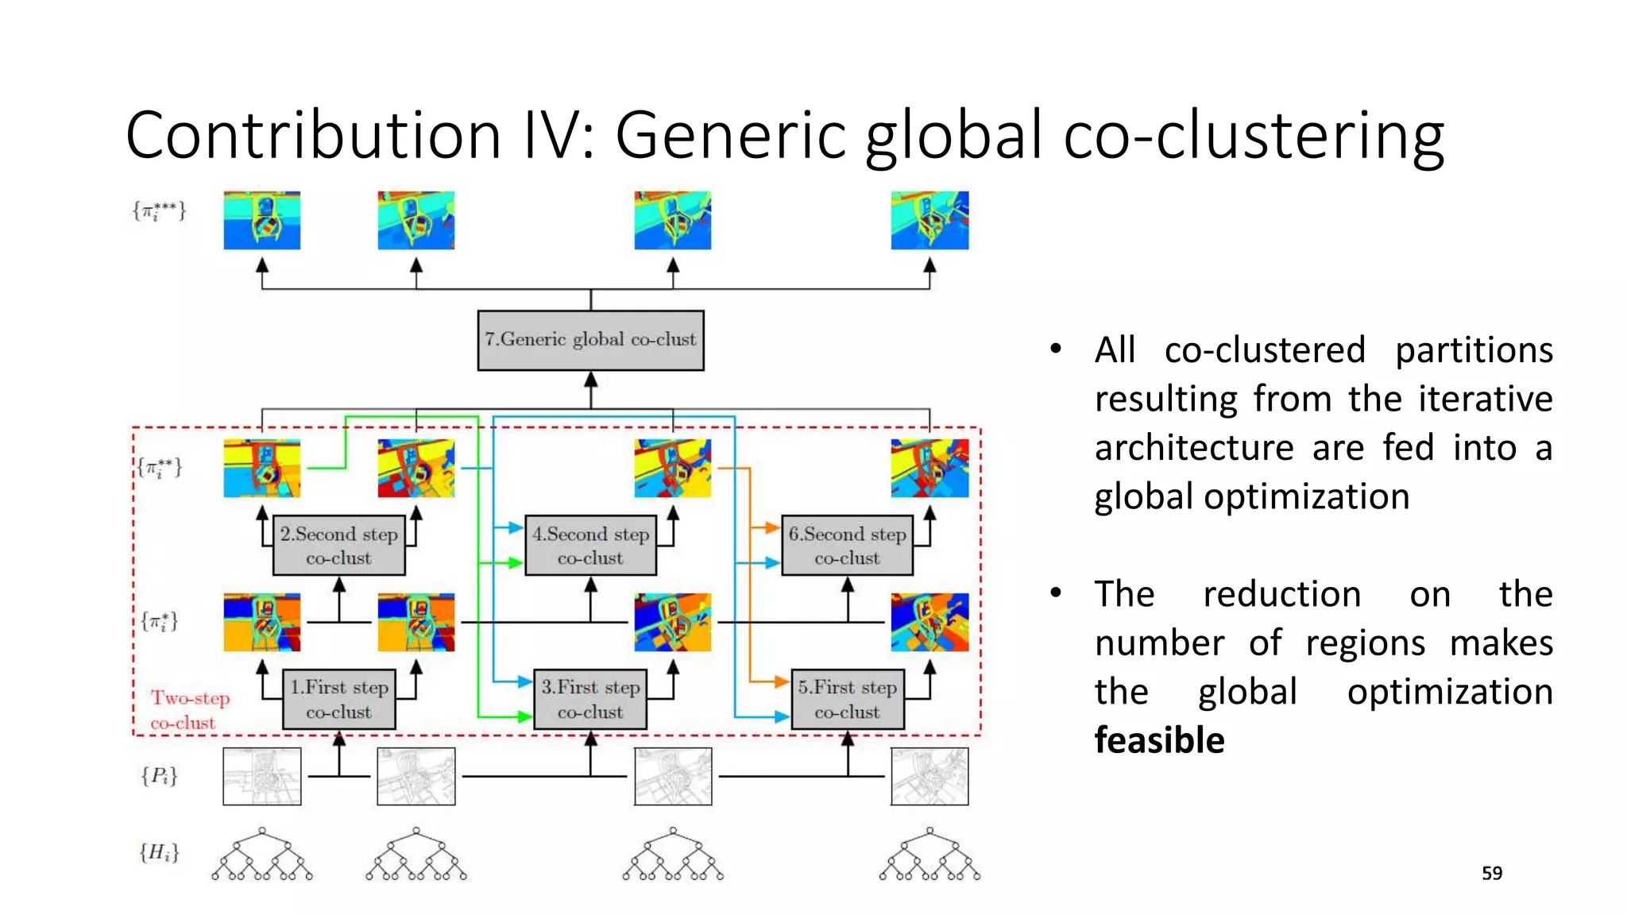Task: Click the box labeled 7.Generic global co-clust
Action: click(590, 340)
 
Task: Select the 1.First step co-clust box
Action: click(339, 700)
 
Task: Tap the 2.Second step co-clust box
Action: click(339, 546)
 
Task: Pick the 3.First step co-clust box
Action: click(590, 700)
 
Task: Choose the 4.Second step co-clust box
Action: click(590, 546)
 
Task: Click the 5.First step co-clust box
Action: click(848, 700)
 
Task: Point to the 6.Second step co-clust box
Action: click(848, 546)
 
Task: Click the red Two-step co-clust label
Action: click(190, 710)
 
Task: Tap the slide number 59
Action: click(1492, 873)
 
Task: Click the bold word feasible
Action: click(1159, 740)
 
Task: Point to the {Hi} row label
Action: click(159, 852)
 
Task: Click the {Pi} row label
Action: click(159, 775)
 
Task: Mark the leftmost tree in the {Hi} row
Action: click(262, 855)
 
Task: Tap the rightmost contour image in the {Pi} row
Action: click(929, 776)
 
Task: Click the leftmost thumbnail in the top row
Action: click(262, 220)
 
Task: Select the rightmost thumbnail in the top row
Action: click(929, 220)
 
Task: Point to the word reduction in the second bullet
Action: click(1281, 594)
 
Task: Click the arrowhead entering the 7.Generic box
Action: click(590, 380)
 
